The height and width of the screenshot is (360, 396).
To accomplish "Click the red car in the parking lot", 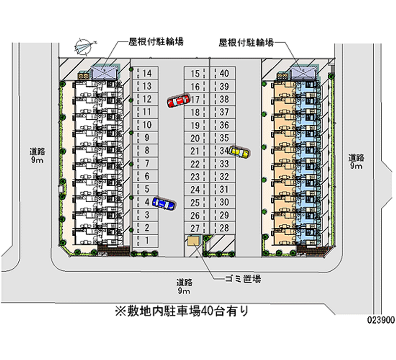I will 178,101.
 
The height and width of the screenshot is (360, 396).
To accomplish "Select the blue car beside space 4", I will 163,203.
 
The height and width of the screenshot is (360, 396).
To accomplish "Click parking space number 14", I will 147,73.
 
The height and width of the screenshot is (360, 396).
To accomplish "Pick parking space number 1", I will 147,240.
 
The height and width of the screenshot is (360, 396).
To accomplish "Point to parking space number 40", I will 224,74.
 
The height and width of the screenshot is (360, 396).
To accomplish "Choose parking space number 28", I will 224,228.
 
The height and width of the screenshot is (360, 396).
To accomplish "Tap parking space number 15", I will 195,74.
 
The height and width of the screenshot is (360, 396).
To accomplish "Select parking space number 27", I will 195,228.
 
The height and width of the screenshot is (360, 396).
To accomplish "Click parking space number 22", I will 195,163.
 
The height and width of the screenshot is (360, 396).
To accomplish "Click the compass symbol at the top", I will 83,46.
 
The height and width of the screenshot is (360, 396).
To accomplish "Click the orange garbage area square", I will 192,240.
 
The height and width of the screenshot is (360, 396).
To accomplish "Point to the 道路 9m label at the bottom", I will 185,286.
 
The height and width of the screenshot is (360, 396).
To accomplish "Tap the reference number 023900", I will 380,320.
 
